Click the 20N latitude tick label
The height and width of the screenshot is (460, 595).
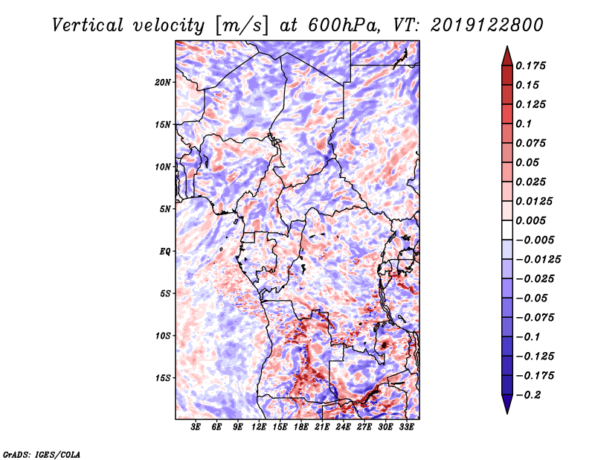pyautogui.click(x=163, y=83)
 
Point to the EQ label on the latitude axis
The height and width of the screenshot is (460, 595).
pyautogui.click(x=164, y=252)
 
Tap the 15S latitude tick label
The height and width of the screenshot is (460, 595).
pyautogui.click(x=163, y=378)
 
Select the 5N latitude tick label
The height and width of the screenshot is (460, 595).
pyautogui.click(x=165, y=209)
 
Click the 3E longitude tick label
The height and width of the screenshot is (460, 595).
pyautogui.click(x=196, y=427)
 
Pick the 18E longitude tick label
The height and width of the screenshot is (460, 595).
pyautogui.click(x=301, y=427)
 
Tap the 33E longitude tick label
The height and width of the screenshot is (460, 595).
pyautogui.click(x=406, y=427)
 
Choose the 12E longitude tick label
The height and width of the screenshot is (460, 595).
pyautogui.click(x=259, y=427)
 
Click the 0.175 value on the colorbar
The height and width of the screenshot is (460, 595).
pyautogui.click(x=530, y=66)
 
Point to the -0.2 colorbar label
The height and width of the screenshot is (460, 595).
pyautogui.click(x=528, y=395)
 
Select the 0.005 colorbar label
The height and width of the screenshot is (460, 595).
pyautogui.click(x=530, y=220)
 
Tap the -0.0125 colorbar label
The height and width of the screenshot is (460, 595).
pyautogui.click(x=538, y=260)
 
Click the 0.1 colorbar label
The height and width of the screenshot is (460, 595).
pyautogui.click(x=524, y=124)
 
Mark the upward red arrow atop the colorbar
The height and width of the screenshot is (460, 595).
pyautogui.click(x=507, y=56)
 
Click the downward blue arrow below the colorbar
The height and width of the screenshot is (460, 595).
pyautogui.click(x=507, y=404)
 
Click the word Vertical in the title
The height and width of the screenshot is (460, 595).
pyautogui.click(x=88, y=25)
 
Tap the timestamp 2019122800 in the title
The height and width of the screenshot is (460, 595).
pyautogui.click(x=487, y=25)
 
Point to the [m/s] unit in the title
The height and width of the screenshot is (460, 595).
pyautogui.click(x=242, y=25)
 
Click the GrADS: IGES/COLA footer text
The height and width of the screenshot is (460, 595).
pyautogui.click(x=42, y=455)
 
